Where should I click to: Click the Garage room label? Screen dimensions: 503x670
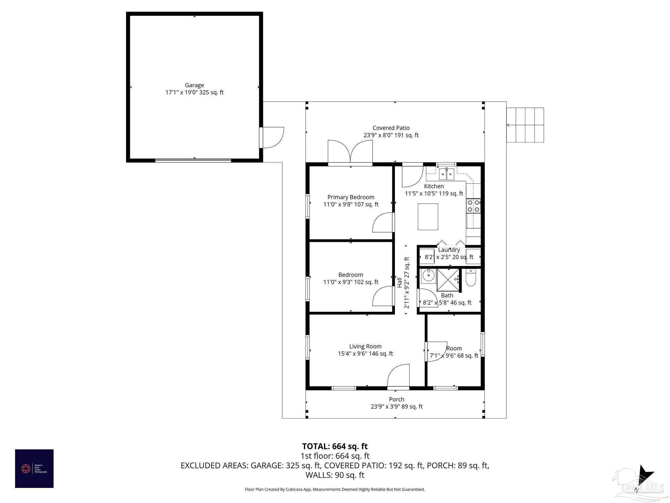[x=194, y=85]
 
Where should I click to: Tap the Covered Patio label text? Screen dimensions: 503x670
[x=391, y=128]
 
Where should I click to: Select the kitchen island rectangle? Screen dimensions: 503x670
[x=428, y=217]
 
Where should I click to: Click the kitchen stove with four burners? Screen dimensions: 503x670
[x=473, y=206]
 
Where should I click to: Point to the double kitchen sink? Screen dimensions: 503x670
[x=447, y=174]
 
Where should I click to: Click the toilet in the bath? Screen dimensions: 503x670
[x=470, y=278]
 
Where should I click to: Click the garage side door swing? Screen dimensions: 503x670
[x=272, y=138]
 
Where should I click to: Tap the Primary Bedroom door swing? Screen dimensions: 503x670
[x=383, y=223]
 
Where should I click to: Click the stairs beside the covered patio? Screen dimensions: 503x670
[x=525, y=125]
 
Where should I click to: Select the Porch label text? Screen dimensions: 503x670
[x=397, y=400]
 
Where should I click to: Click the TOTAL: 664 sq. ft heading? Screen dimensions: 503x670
[x=335, y=446]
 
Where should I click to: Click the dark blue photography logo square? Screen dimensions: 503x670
[x=34, y=469]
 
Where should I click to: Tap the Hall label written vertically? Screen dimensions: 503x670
[x=399, y=283]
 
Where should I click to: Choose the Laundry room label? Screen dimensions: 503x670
[x=449, y=250]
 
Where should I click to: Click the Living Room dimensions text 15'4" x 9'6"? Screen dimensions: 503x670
[x=365, y=354]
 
